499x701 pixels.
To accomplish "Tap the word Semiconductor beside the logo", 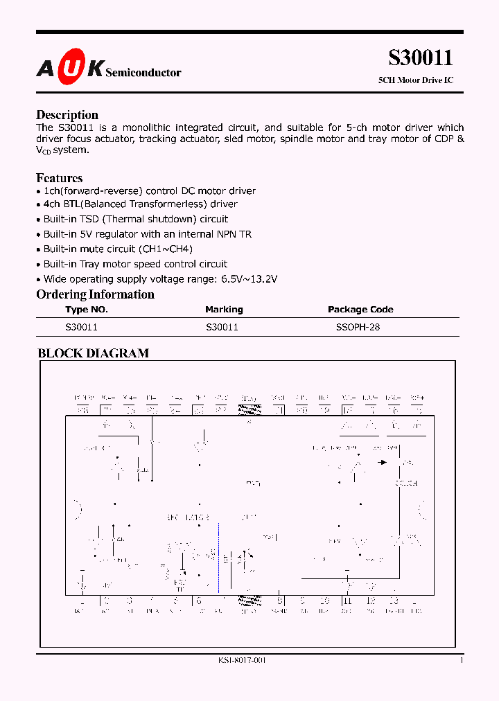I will (x=143, y=72).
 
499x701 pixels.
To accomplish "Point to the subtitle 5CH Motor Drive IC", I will (x=416, y=80).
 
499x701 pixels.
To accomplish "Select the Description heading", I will (x=67, y=115).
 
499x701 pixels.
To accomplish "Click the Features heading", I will (x=59, y=178).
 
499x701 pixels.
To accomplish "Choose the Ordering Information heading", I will (x=95, y=294).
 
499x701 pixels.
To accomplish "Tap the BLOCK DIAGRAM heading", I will (x=93, y=353).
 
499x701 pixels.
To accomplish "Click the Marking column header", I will (x=224, y=310).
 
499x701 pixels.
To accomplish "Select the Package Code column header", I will (x=360, y=310).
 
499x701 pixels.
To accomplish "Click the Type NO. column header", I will (x=87, y=310).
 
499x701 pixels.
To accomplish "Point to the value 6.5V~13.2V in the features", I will (x=245, y=279).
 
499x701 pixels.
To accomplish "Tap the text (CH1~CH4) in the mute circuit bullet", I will (x=166, y=249).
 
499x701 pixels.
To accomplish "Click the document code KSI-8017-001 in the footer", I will (x=237, y=660).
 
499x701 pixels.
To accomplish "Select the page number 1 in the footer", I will (x=462, y=660).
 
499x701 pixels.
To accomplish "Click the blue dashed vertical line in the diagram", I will (x=218, y=547).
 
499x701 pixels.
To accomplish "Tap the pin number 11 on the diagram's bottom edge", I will (x=347, y=601).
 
